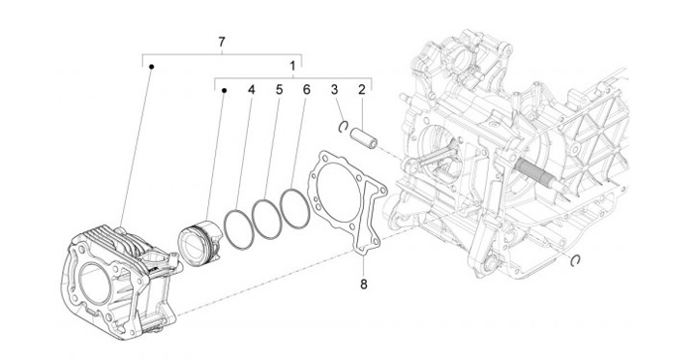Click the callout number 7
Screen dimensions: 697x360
coord(222,43)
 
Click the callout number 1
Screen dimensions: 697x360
coord(292,66)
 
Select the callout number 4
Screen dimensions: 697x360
coord(252,90)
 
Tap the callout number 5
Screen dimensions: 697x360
coord(279,90)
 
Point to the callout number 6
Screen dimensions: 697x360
coord(306,90)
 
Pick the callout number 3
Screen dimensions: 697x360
coord(334,90)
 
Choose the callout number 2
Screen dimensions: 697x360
coord(362,90)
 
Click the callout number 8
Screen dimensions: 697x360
coord(364,284)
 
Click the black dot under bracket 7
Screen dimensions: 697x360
coord(152,67)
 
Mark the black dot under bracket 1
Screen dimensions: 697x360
coord(225,91)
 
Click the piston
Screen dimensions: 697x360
coord(199,244)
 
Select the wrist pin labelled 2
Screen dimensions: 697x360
coord(364,137)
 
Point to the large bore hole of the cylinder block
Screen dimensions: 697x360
coord(94,284)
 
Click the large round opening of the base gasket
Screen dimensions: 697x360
coord(339,191)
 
